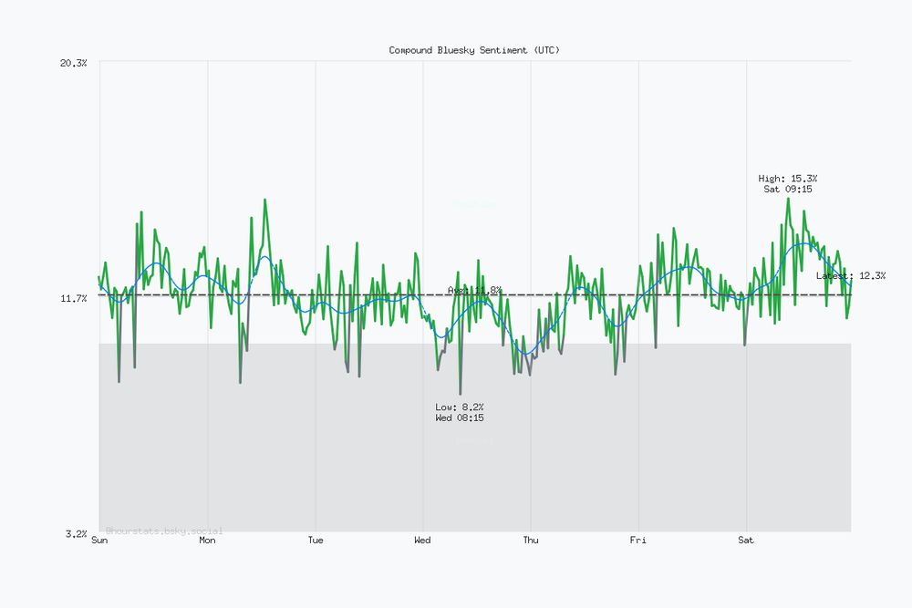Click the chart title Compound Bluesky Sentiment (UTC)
(x=474, y=50)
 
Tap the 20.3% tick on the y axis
(x=73, y=63)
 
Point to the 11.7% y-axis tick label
(x=73, y=299)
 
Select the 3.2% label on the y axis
(x=76, y=533)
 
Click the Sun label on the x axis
(x=99, y=541)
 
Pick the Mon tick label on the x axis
(x=207, y=541)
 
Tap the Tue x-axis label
(x=315, y=541)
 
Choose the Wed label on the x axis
(x=422, y=541)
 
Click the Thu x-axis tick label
(x=530, y=541)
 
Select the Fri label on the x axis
(x=637, y=541)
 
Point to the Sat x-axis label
(x=745, y=541)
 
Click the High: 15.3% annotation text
(x=788, y=179)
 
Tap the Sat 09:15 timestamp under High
(x=788, y=190)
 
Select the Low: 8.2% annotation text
(x=460, y=407)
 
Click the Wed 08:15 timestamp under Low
(x=460, y=417)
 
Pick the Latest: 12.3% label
(x=850, y=275)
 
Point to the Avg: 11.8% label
(x=474, y=290)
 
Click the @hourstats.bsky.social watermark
(x=163, y=531)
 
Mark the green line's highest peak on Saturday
(x=788, y=199)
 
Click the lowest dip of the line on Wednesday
(x=460, y=393)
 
